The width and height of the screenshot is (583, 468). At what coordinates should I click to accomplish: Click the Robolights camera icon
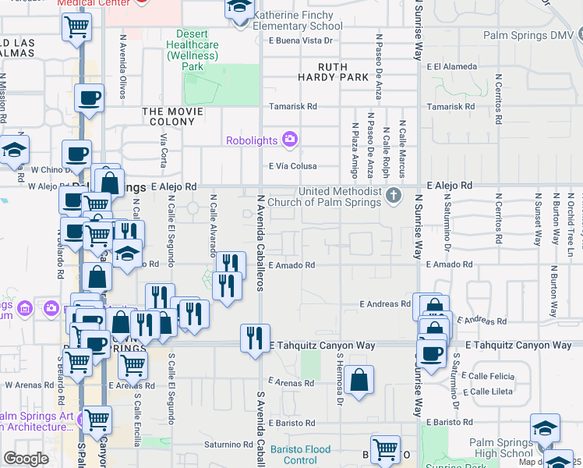[290, 140]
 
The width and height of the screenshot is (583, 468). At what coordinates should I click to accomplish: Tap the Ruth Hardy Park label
[334, 72]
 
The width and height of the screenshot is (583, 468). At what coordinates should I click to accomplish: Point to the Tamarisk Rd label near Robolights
[292, 106]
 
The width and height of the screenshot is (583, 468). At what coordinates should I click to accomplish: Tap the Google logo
[26, 459]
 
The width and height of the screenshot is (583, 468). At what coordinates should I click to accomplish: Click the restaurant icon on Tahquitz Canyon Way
[255, 338]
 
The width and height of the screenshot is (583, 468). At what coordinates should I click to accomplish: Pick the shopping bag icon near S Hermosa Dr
[359, 380]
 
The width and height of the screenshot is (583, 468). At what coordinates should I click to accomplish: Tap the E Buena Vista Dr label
[301, 41]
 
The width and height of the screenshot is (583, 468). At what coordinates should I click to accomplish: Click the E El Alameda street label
[450, 67]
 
